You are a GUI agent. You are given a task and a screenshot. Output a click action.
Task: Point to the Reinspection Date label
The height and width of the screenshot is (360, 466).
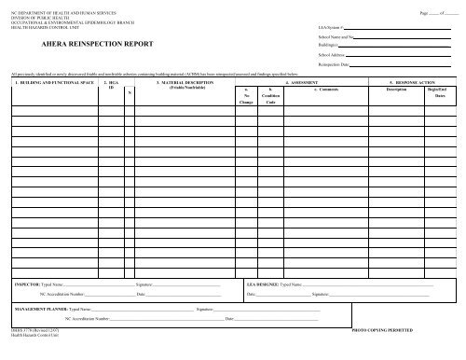335,65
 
